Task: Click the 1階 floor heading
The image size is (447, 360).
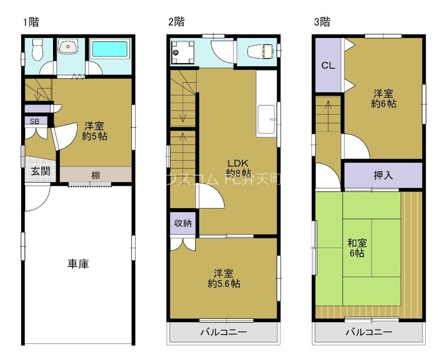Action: click(31, 22)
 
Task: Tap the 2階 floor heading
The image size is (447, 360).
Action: click(177, 22)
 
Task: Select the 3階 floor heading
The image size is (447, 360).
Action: click(322, 22)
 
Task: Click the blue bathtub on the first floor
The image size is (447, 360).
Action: click(110, 49)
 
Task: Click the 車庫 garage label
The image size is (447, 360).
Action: click(79, 263)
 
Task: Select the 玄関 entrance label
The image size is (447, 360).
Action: click(40, 171)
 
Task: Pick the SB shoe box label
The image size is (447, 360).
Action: click(35, 121)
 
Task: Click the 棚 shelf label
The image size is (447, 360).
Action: click(96, 176)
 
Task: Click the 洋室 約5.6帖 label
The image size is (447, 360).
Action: click(223, 279)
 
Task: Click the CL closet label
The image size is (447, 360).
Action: click(327, 65)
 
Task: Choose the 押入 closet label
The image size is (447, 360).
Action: click(383, 175)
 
